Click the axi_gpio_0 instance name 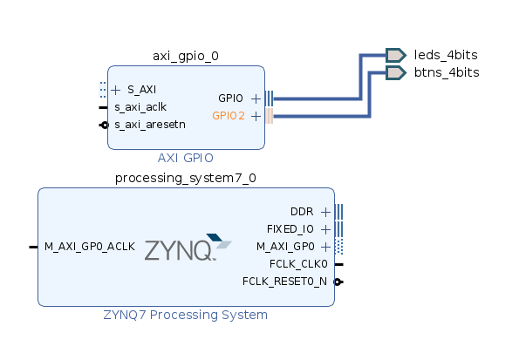coord(186,56)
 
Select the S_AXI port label coord(142,89)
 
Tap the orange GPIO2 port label coord(229,115)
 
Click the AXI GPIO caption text coord(186,158)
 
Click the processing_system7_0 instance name coord(186,179)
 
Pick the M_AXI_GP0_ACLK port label coord(90,247)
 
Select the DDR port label coord(302,212)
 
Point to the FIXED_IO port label coord(291,229)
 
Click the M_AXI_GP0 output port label coord(285,247)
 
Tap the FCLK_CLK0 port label coord(299,264)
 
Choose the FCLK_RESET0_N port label coord(284,282)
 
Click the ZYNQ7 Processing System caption coord(186,315)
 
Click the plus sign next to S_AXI coord(116,89)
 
